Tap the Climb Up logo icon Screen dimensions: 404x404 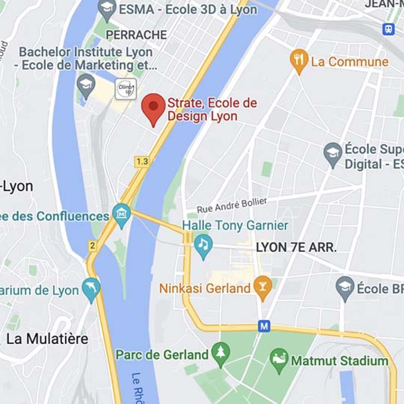126,89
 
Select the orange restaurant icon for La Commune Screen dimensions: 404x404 299,61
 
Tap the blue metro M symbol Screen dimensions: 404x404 264,326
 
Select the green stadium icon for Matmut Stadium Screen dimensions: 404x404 280,360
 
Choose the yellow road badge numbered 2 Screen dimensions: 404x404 92,246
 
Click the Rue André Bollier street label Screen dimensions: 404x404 232,206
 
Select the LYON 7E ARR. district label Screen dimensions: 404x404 296,247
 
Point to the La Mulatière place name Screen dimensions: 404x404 47,339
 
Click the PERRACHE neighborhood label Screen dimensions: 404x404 136,35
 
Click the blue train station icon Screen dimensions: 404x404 388,29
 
